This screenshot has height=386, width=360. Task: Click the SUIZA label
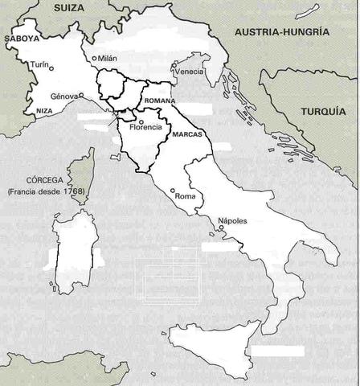[x=69, y=7]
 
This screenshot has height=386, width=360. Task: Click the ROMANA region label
[x=160, y=101]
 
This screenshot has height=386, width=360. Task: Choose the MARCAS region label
[x=186, y=135]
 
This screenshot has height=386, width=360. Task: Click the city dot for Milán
[x=94, y=58]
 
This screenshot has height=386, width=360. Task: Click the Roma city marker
[x=173, y=191]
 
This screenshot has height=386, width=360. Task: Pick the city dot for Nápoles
[x=222, y=228]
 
